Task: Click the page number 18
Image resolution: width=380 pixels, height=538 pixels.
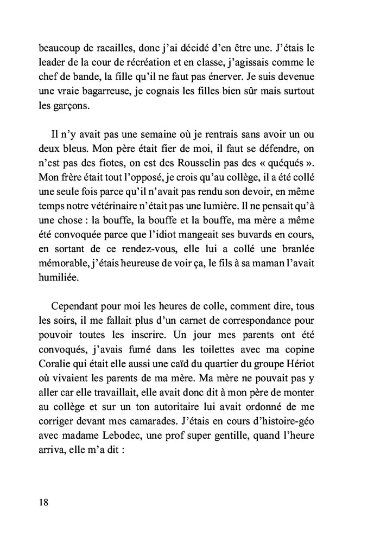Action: tap(43, 502)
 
